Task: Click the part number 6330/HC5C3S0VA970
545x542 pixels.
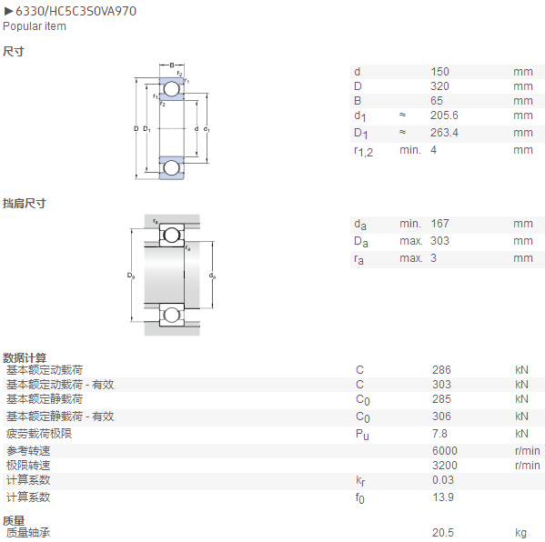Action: pos(76,11)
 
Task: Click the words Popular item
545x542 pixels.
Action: pos(35,26)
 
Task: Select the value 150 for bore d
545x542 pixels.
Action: pos(439,72)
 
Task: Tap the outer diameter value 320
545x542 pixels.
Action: pos(439,86)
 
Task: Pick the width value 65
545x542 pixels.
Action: pos(437,101)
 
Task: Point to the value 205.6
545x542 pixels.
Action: pos(444,115)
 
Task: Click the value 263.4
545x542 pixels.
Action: pos(444,133)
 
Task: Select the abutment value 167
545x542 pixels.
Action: pos(439,224)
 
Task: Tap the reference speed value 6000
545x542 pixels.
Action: pos(445,451)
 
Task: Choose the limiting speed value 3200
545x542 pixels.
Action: pos(445,466)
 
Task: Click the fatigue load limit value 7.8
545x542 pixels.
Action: pos(439,434)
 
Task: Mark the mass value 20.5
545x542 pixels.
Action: pos(443,533)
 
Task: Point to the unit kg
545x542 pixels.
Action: pos(520,533)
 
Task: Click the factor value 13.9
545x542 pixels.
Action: pos(443,497)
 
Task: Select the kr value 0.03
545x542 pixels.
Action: pos(443,480)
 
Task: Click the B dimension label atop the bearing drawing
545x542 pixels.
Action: pos(172,65)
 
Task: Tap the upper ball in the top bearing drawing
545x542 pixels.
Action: pos(172,88)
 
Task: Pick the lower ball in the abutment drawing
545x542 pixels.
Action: pos(172,316)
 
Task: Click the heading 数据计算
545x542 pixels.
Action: pos(25,358)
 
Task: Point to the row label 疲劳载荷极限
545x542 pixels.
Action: pos(39,434)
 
